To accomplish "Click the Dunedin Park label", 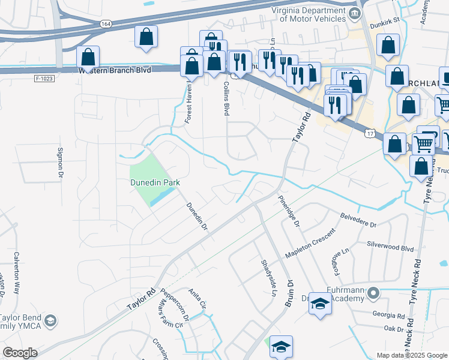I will click(x=155, y=182).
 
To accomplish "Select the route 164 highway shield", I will click(x=106, y=23).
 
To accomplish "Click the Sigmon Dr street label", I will click(x=60, y=164).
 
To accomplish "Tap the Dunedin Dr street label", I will click(x=196, y=216).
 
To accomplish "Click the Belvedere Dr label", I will click(x=358, y=218).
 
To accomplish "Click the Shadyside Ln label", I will click(x=267, y=279).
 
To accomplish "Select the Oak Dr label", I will click(x=394, y=329).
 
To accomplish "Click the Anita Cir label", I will click(x=197, y=299).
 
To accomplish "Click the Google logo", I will click(x=20, y=353).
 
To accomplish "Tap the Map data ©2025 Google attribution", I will click(x=411, y=355).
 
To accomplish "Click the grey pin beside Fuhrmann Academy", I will click(x=373, y=293).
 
